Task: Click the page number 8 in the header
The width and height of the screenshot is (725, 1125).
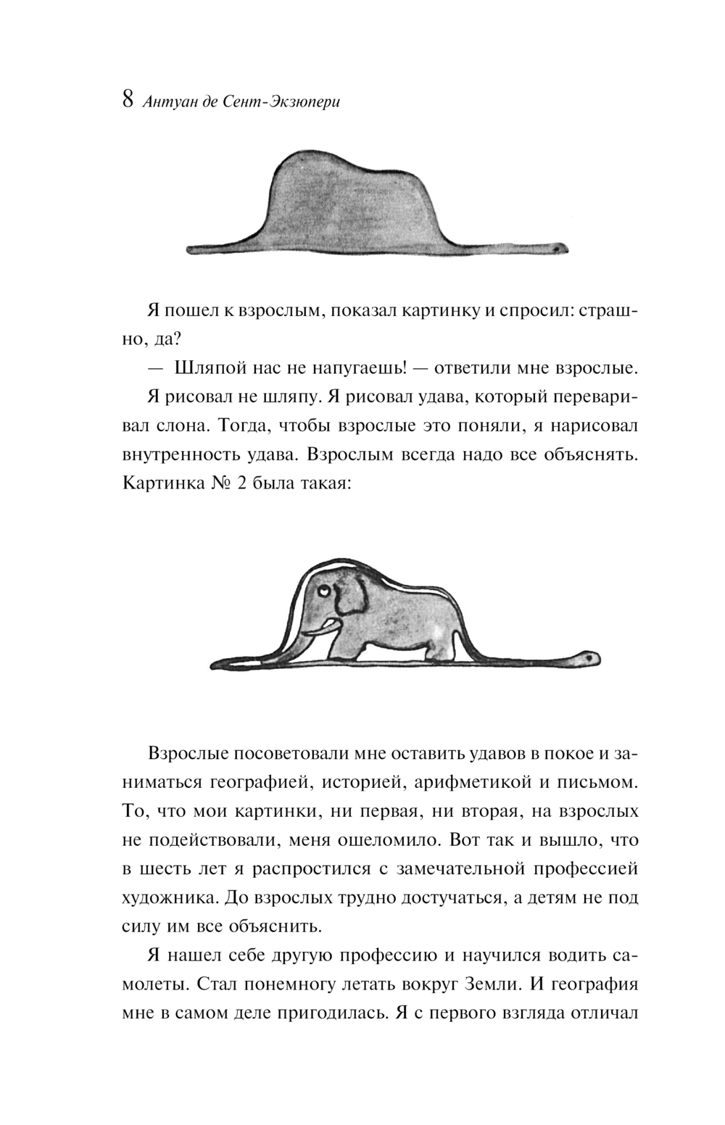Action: pos(127,100)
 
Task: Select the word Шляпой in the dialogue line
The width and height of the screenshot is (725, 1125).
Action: pos(210,368)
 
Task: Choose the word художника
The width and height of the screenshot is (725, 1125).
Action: pos(168,897)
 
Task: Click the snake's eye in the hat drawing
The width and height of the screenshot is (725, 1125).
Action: pos(560,248)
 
